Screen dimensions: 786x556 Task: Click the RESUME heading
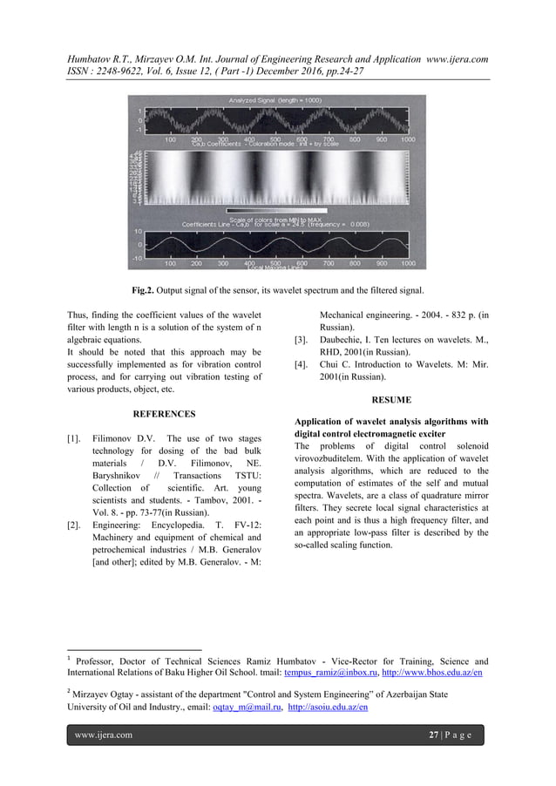pos(392,403)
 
